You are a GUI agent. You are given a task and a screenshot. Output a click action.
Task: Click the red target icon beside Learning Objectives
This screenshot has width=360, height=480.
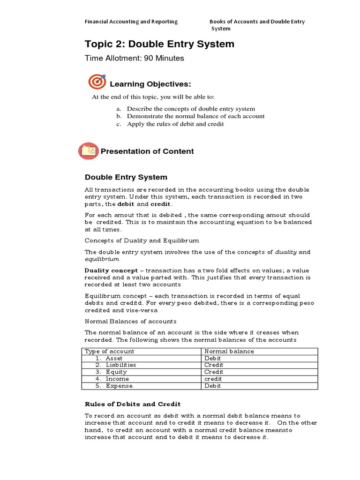[x=97, y=82]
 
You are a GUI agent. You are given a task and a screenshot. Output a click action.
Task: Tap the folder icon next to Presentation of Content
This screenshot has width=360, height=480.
[x=88, y=151]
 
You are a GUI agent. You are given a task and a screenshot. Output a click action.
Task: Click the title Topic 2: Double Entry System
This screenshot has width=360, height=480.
[x=159, y=44]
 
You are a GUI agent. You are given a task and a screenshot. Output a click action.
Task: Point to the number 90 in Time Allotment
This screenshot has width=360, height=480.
[x=149, y=58]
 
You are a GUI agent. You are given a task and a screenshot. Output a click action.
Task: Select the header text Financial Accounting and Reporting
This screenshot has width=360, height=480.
[x=131, y=22]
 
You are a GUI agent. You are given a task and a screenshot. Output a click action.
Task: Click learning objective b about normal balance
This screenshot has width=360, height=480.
[x=195, y=116]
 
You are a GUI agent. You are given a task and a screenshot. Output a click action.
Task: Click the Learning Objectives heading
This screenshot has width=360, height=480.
[x=150, y=84]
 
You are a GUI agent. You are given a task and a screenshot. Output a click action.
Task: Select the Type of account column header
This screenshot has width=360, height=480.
[x=109, y=351]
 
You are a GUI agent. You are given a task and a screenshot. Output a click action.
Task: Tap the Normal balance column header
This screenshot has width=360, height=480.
[x=229, y=351]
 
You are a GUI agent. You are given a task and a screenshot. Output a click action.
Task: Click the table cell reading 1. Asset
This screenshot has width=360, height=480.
[x=109, y=358]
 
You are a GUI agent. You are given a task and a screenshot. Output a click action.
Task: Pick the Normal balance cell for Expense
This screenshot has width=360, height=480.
[x=213, y=386]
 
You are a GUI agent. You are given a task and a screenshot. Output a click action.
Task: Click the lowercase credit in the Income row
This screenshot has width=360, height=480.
[x=214, y=379]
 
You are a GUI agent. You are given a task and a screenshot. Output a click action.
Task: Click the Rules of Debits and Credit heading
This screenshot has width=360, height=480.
[x=132, y=404]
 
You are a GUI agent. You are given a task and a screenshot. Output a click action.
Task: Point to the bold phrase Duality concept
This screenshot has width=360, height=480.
[x=111, y=270]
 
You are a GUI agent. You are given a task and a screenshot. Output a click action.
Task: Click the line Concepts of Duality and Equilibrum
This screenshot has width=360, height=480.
[x=142, y=240]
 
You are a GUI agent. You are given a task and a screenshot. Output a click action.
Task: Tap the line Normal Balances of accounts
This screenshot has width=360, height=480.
[x=130, y=321]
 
